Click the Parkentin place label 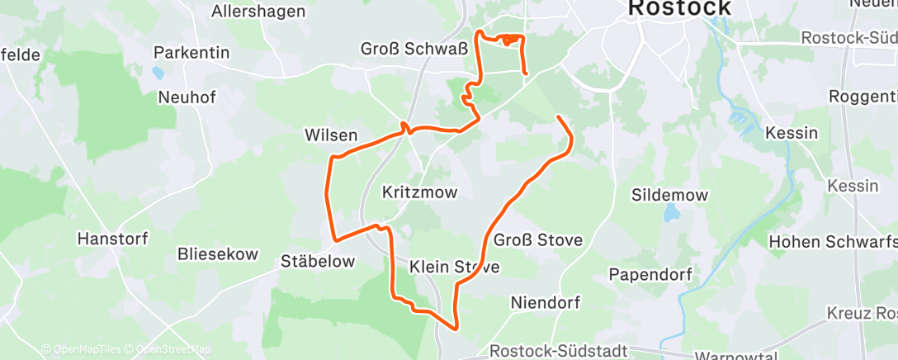[191, 53]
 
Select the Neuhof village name [187, 97]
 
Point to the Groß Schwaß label [404, 49]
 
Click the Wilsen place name [331, 135]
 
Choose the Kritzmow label [420, 192]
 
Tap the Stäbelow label [318, 261]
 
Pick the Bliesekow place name [218, 254]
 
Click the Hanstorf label [112, 239]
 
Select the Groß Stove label [538, 240]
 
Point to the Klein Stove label [454, 267]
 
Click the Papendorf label [650, 273]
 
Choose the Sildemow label [669, 195]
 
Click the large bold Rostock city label [679, 8]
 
